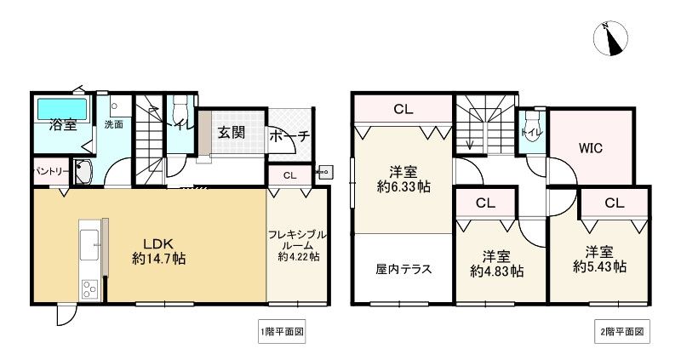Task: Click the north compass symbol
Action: pos(611,38)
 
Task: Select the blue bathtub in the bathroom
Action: pos(61,109)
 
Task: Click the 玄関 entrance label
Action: pos(231,132)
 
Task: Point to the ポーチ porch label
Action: pos(289,136)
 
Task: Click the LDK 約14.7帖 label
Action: pos(158,247)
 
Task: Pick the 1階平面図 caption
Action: pos(282,330)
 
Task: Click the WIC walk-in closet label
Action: pos(591,148)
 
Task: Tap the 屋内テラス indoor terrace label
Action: pos(403,269)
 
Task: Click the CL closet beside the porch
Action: pos(289,176)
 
